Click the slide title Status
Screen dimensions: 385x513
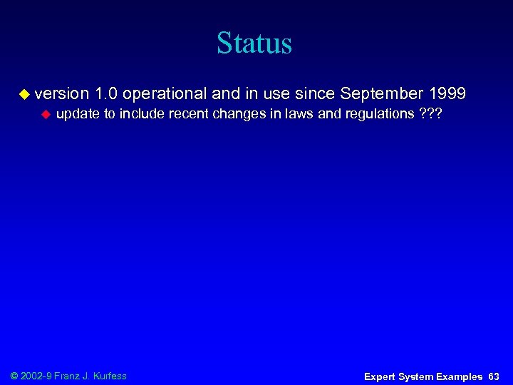(254, 43)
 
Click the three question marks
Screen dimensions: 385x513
(431, 114)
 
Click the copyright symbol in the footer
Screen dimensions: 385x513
(15, 376)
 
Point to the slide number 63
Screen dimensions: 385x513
(494, 376)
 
